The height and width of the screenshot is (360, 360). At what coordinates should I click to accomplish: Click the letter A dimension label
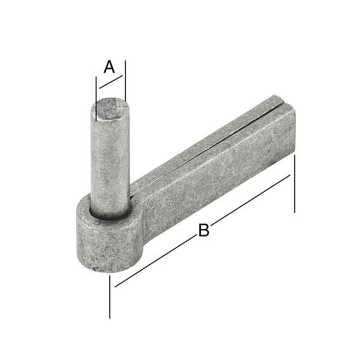coord(109,67)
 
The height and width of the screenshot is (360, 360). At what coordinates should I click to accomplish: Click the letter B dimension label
coord(204,230)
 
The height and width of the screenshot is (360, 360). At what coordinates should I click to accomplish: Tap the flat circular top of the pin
coord(110,111)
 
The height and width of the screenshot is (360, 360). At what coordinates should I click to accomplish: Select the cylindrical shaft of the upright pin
coord(110,162)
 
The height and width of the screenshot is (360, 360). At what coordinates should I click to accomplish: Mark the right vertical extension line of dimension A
coord(126,81)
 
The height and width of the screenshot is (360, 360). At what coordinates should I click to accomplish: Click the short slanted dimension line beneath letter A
coord(111,83)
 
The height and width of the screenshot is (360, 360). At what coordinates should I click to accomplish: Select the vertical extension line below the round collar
coord(110,297)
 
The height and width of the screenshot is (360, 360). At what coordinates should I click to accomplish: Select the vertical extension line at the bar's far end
coord(295,186)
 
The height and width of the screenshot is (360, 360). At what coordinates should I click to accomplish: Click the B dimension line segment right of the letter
coord(252,199)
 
